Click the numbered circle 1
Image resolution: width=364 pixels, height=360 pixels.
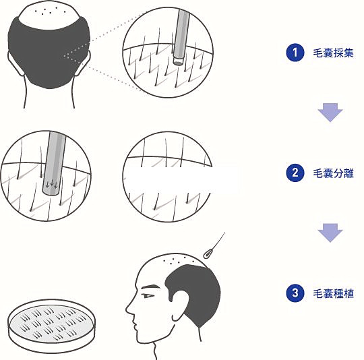[295, 53]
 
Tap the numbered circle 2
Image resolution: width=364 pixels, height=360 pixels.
[295, 173]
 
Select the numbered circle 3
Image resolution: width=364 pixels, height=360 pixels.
[295, 293]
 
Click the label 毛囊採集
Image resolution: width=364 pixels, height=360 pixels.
[334, 53]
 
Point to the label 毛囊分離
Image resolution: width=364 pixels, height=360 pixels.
[334, 173]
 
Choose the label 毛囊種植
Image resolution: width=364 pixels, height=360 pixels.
[334, 293]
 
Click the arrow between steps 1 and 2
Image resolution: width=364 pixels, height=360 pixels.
[330, 113]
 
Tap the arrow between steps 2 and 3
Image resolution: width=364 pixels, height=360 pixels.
[330, 233]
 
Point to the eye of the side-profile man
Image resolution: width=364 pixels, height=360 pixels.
[148, 296]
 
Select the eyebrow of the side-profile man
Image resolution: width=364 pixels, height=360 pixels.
[150, 287]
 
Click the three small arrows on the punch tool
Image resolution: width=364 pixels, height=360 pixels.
[52, 184]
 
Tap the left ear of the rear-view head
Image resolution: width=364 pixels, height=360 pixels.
[16, 63]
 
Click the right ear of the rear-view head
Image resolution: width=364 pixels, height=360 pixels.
[83, 63]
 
